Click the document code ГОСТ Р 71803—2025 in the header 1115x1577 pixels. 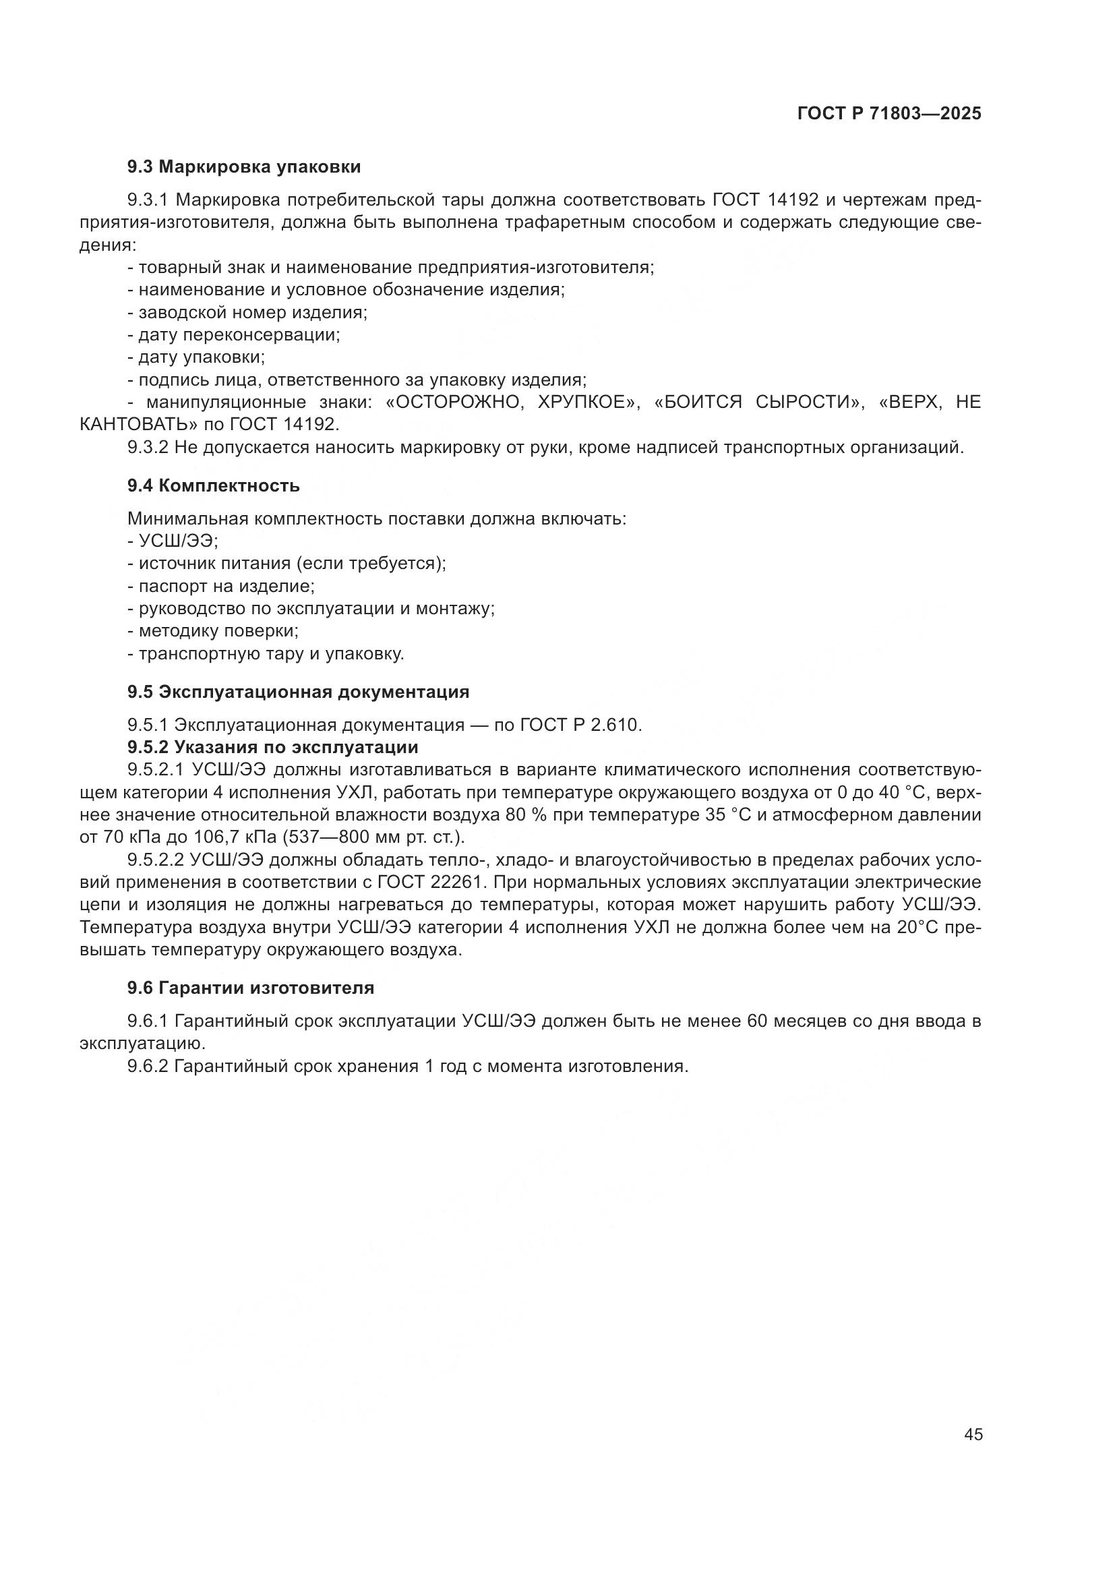point(889,114)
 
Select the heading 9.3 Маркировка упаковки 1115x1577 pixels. point(244,167)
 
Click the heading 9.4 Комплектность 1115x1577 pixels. point(213,485)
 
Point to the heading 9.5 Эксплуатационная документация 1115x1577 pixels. point(298,692)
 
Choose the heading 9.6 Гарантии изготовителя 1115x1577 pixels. point(251,988)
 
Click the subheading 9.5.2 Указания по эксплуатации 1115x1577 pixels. point(272,746)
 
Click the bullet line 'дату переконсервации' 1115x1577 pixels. point(234,335)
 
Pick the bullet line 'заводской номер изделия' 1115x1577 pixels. point(247,313)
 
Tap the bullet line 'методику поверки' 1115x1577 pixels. point(214,630)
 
